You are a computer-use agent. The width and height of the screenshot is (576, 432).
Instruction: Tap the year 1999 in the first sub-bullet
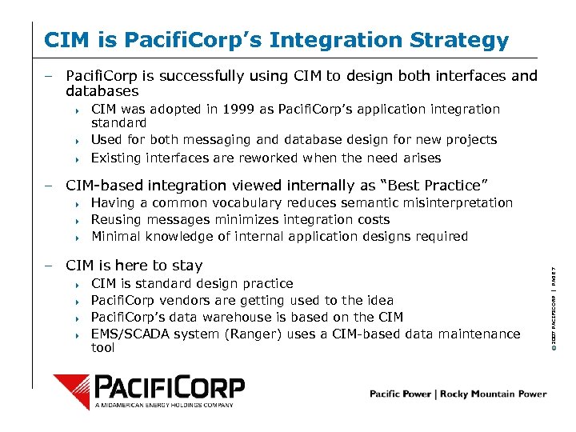coord(240,109)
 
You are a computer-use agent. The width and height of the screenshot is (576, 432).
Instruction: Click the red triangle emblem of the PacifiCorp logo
coord(73,390)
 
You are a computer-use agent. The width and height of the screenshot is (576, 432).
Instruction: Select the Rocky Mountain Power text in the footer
coord(501,394)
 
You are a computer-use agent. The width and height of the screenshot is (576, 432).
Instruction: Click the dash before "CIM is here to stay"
coord(49,266)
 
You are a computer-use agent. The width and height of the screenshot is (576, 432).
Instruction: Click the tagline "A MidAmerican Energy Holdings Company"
coord(165,406)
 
